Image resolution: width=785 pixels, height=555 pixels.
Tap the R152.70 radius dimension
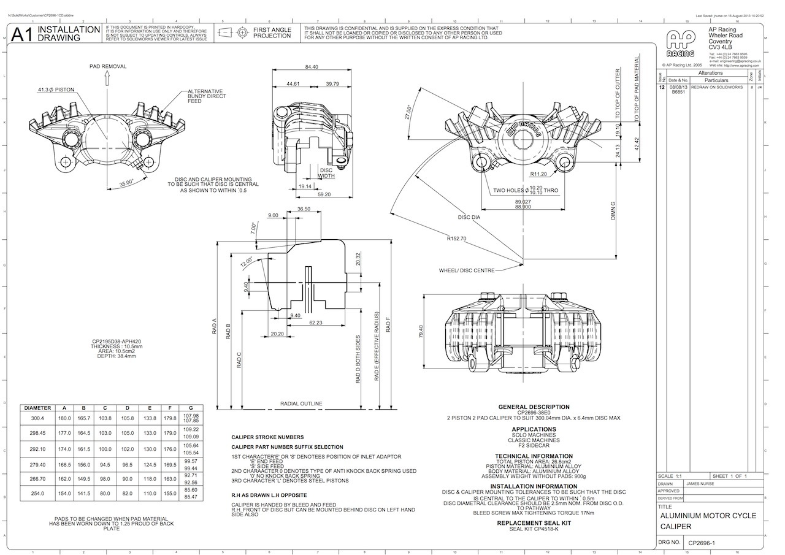[456, 239]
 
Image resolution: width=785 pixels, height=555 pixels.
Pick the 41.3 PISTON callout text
[56, 90]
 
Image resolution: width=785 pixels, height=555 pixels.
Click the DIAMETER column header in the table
[37, 408]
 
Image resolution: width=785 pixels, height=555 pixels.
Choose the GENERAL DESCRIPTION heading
[534, 407]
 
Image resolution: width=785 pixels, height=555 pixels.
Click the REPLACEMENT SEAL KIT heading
[534, 523]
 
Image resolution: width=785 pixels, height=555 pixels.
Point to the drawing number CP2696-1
[705, 543]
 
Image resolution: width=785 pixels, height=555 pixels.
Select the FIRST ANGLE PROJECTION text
[272, 33]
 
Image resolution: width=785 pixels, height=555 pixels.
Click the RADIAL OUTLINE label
[301, 404]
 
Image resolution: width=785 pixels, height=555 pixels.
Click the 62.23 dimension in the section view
[316, 322]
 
